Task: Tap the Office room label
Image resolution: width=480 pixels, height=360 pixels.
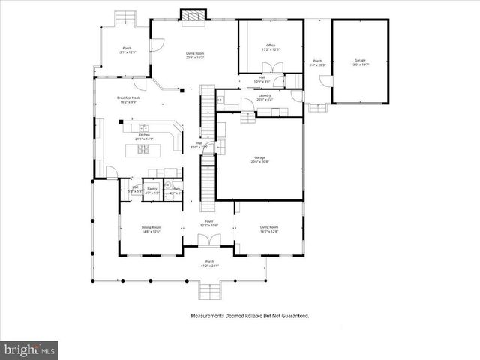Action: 271,47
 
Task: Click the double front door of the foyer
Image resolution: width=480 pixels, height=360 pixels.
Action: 208,240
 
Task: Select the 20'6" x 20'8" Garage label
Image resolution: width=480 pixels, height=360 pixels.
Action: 259,159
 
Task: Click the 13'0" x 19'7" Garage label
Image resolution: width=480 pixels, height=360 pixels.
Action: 359,61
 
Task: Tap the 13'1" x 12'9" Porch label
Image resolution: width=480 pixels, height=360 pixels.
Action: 127,49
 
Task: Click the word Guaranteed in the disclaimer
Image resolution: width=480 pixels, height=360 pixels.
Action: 292,316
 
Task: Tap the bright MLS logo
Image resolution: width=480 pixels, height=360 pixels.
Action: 30,349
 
